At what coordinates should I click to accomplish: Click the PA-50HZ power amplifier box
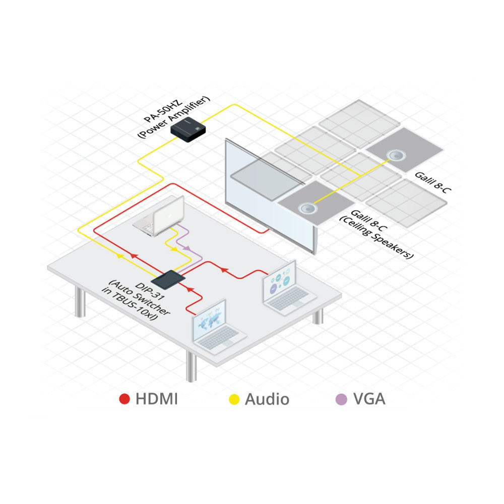[x=187, y=130]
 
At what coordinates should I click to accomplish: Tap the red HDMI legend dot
[x=124, y=399]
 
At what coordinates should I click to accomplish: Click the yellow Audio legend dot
[x=234, y=399]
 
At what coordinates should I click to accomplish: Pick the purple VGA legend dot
[x=341, y=399]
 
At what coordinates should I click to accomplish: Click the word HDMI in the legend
[x=157, y=399]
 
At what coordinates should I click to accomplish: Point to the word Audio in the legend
[x=267, y=399]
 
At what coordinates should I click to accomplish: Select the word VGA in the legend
[x=369, y=399]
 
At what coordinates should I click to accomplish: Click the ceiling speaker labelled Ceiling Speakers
[x=307, y=209]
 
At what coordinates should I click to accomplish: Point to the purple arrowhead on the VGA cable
[x=187, y=248]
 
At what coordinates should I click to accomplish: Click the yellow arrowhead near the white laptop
[x=174, y=249]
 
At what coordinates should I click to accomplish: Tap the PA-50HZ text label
[x=163, y=111]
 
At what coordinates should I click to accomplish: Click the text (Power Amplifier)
[x=173, y=117]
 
